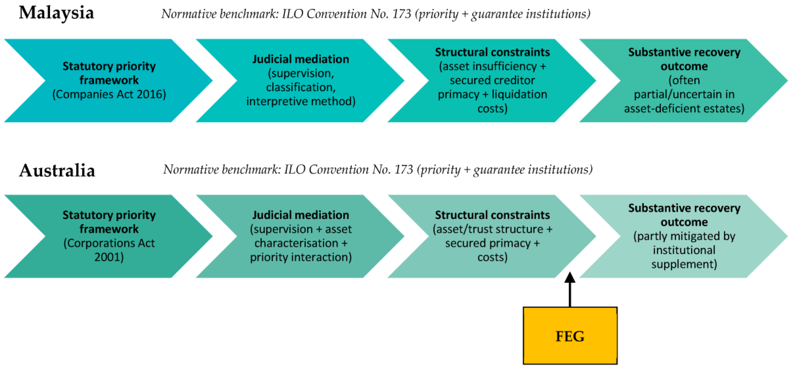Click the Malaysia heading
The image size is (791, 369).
pyautogui.click(x=57, y=13)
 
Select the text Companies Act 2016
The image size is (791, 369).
pyautogui.click(x=109, y=94)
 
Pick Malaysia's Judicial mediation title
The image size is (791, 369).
pyautogui.click(x=301, y=59)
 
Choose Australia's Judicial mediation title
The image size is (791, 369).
pyautogui.click(x=301, y=215)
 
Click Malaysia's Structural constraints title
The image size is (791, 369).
pyautogui.click(x=492, y=52)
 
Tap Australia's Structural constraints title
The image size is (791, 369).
pyautogui.click(x=492, y=215)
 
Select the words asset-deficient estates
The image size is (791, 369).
pyautogui.click(x=682, y=108)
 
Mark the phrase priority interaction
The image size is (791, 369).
pyautogui.click(x=299, y=257)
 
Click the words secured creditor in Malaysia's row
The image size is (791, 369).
pyautogui.click(x=492, y=80)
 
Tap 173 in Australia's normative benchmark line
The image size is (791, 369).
pyautogui.click(x=403, y=169)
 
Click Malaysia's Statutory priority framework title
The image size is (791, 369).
pyautogui.click(x=109, y=73)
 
